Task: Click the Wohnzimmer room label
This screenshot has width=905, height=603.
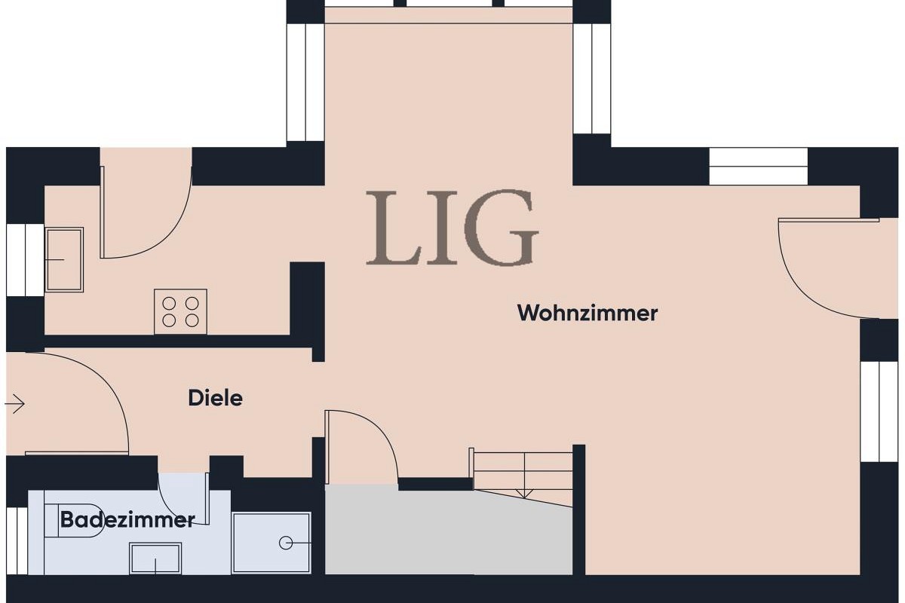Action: click(587, 314)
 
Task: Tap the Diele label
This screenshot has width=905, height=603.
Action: click(216, 399)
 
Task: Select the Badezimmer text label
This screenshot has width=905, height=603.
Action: click(127, 520)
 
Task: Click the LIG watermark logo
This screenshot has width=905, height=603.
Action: click(452, 228)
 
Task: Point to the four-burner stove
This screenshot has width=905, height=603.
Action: click(180, 311)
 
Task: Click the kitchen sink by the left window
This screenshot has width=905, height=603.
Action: click(64, 259)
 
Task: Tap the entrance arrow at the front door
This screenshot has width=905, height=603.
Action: click(15, 403)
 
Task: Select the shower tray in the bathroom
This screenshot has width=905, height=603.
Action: click(271, 543)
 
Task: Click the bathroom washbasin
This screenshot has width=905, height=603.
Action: click(155, 559)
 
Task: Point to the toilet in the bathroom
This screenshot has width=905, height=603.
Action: click(69, 521)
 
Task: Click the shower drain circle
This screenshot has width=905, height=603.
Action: click(286, 543)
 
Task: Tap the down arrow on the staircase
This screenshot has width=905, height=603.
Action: click(524, 493)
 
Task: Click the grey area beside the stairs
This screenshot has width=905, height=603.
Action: click(449, 533)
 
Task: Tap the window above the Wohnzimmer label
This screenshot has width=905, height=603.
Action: click(759, 167)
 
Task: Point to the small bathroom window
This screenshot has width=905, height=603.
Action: click(17, 540)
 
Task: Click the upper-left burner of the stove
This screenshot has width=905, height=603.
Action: click(169, 303)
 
